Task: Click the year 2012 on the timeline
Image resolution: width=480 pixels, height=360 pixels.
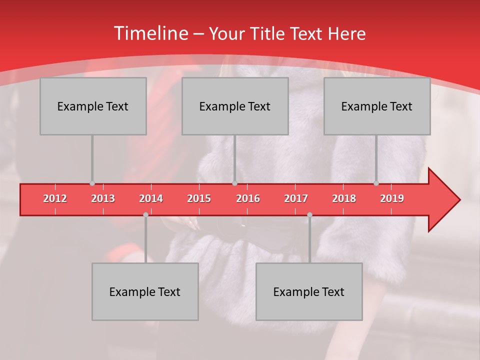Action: (55, 198)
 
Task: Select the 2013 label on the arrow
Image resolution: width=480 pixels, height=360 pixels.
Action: (103, 198)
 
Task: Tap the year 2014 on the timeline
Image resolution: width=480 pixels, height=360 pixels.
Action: (151, 198)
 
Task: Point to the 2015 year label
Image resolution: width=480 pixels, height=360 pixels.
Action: (199, 198)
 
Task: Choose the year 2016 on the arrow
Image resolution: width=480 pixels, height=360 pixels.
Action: (248, 198)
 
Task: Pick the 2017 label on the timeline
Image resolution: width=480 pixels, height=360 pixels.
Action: (296, 198)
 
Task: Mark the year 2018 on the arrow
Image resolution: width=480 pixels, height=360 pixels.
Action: (344, 198)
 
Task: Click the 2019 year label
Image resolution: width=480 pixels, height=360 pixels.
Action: (392, 198)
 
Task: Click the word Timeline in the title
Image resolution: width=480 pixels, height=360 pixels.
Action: (150, 33)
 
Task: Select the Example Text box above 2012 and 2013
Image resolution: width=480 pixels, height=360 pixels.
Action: (93, 106)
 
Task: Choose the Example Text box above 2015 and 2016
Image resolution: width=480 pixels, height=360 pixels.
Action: (235, 106)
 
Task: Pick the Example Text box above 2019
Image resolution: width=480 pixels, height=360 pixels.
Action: (377, 106)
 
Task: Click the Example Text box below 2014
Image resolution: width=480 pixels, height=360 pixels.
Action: (145, 291)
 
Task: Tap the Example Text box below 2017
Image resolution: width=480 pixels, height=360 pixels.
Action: (309, 291)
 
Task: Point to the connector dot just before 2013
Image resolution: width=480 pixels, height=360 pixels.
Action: (92, 183)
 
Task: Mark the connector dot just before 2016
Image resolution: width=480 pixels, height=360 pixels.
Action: (234, 183)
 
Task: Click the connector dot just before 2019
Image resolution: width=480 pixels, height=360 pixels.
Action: (376, 183)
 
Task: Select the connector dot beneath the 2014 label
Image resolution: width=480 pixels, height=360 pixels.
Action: (145, 214)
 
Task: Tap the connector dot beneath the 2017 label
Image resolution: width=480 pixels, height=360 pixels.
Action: (309, 214)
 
